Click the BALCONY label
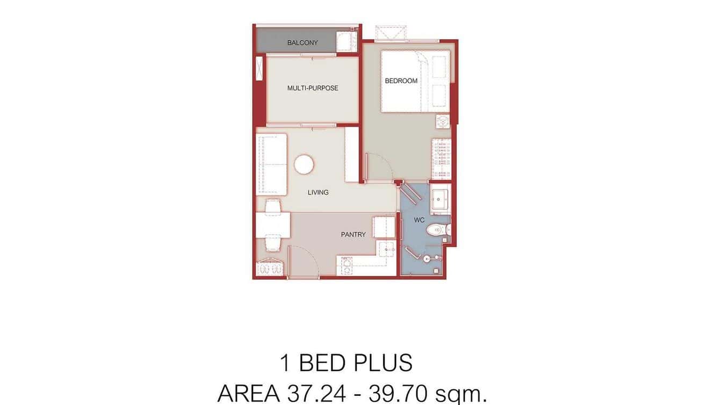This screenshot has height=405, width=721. pos(302,43)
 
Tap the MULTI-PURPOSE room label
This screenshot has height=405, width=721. pos(313,88)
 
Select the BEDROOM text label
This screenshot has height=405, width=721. pos(401,81)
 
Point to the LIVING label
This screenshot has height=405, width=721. pos(318,192)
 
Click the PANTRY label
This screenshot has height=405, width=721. pos(353,235)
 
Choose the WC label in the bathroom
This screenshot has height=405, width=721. pos(420,220)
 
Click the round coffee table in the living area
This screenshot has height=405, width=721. pos(304,164)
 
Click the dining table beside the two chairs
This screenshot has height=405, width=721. pos(273,225)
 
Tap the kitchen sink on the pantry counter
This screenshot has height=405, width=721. pos(386,248)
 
